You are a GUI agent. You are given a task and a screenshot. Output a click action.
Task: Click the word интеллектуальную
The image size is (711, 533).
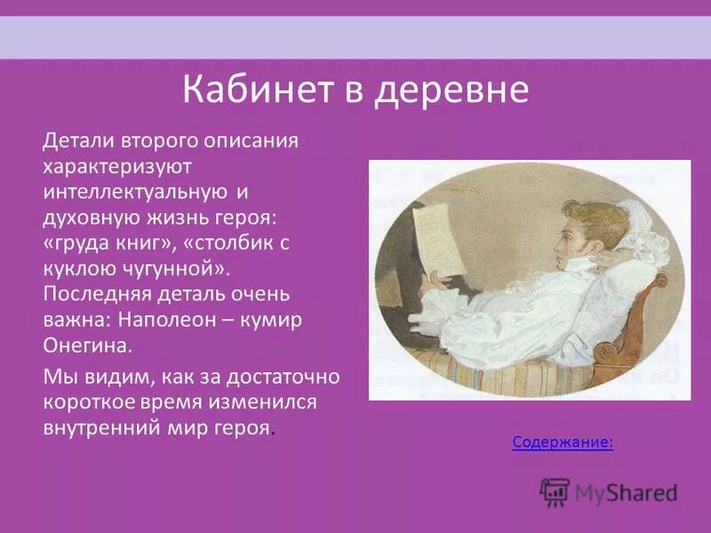[x=137, y=191]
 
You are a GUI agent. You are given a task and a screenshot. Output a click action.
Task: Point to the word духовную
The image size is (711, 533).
[x=90, y=217]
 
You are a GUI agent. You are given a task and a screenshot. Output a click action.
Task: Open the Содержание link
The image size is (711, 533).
[x=563, y=442]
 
